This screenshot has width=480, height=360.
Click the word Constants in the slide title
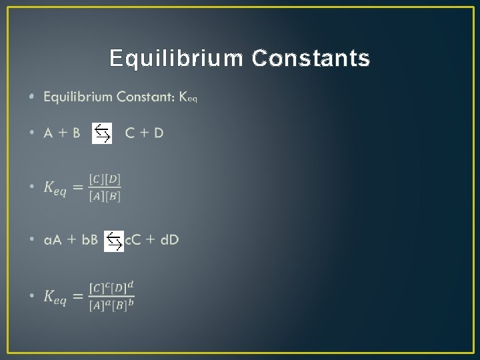[x=311, y=59]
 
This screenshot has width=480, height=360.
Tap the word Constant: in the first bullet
[x=145, y=97]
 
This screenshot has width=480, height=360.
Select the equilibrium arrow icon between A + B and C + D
[x=102, y=133]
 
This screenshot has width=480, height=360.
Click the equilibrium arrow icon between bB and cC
[x=114, y=240]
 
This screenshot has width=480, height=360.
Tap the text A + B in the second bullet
[x=62, y=133]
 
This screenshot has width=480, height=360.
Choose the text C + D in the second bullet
[x=144, y=133]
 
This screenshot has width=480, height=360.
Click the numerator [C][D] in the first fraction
[x=105, y=180]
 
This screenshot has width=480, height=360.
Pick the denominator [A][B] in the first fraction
[x=105, y=195]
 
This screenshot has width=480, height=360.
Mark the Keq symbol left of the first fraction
[x=55, y=188]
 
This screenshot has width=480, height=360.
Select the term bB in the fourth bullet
[x=90, y=240]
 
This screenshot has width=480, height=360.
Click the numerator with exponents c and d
[x=111, y=287]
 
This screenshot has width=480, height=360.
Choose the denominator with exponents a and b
[x=111, y=304]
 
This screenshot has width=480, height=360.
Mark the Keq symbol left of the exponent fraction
[x=55, y=297]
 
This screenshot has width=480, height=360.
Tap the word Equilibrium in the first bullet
[x=78, y=97]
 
